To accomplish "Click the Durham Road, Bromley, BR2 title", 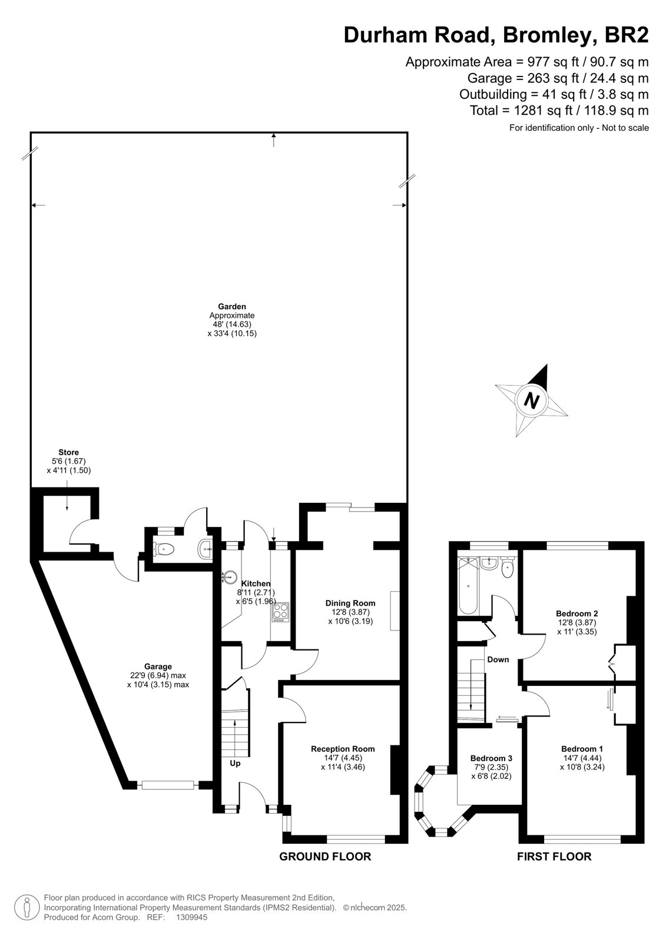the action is coord(496,35).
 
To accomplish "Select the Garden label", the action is coord(232,307).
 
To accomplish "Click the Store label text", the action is coord(68,453).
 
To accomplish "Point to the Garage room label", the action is coord(158,666).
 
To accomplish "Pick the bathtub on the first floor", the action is coord(468,585).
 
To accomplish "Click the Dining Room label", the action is coord(350,603).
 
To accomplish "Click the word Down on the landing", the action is coord(498,659).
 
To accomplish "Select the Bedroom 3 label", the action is coord(491,758).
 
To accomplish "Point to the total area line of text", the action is coord(559,110).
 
